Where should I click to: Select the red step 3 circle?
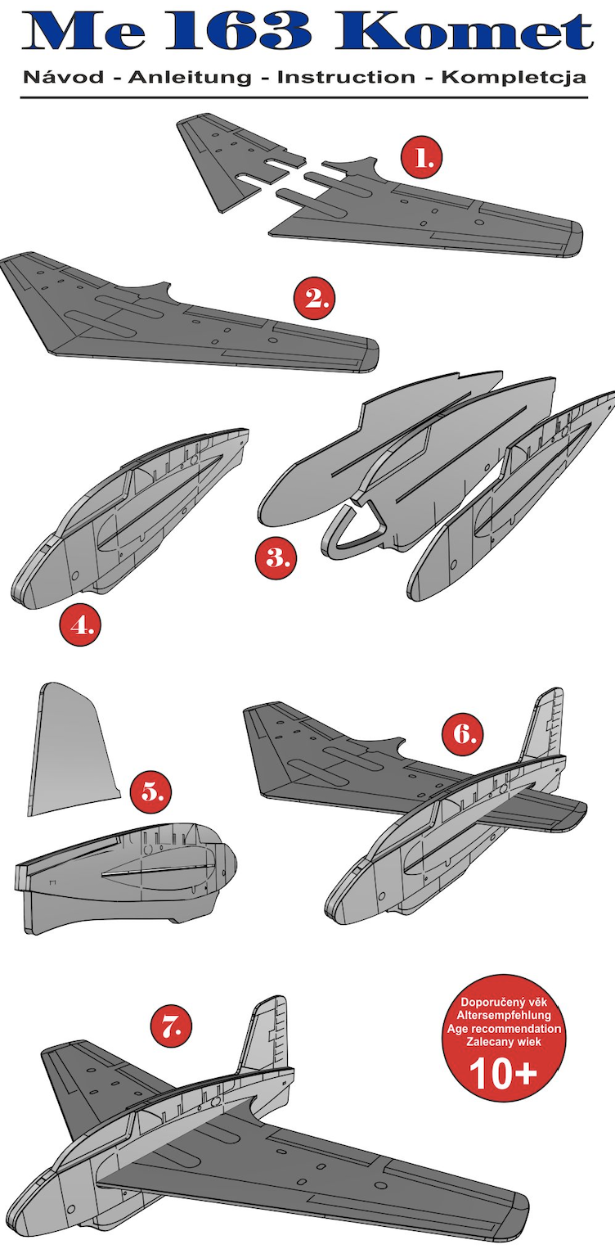click(x=276, y=557)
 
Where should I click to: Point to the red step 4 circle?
click(x=81, y=625)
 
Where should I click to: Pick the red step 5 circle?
click(x=150, y=791)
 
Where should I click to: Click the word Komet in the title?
click(x=464, y=32)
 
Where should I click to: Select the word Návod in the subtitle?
click(x=64, y=77)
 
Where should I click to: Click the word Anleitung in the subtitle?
click(x=190, y=78)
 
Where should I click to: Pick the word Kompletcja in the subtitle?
click(x=514, y=78)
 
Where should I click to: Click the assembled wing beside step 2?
click(x=190, y=315)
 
